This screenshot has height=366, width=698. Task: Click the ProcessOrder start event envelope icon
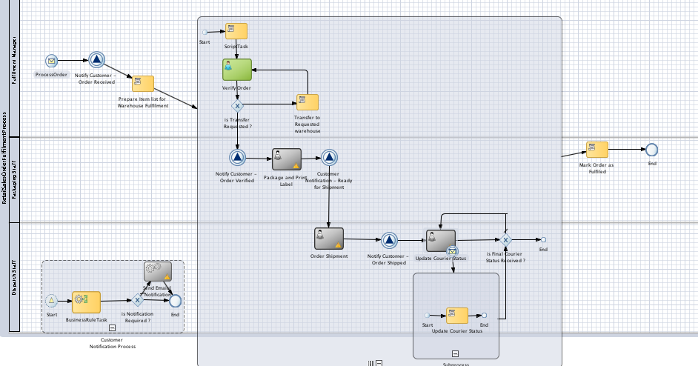point(51,61)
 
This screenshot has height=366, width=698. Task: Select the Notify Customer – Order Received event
point(96,61)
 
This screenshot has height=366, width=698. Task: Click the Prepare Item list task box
point(142,84)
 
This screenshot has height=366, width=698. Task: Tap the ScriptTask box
point(236,31)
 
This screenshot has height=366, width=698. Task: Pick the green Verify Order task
point(237,70)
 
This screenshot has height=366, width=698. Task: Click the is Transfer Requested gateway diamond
point(237,106)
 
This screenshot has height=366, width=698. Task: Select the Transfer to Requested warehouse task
point(307,102)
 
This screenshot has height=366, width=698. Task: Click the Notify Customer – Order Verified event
point(237,158)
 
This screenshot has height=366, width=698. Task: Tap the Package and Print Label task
point(287,158)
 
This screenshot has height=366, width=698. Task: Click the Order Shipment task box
point(328,239)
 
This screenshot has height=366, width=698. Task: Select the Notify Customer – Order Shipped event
point(390,239)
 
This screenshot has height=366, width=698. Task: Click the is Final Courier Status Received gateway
point(505,239)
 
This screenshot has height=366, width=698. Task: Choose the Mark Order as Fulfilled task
point(596,150)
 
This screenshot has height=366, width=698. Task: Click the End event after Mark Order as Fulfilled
point(651,150)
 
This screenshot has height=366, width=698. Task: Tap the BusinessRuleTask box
point(86,301)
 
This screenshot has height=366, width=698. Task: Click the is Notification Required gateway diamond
point(137,301)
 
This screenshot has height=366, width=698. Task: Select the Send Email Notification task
point(157,271)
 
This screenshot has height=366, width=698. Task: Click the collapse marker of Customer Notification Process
point(112,327)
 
